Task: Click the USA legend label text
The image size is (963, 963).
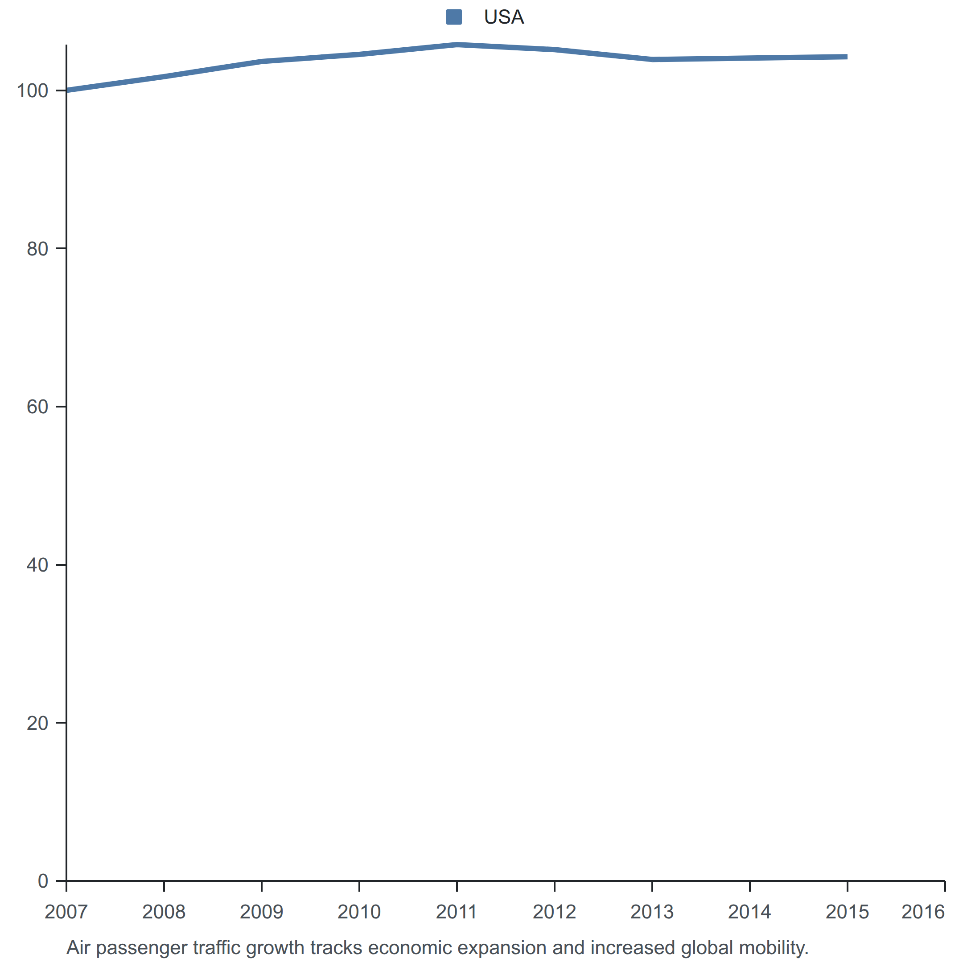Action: pos(503,17)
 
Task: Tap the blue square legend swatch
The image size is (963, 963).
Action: pos(453,17)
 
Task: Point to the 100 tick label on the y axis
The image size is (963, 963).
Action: pos(33,91)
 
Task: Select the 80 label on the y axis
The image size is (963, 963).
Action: pos(37,249)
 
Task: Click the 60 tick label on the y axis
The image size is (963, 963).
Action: pos(37,407)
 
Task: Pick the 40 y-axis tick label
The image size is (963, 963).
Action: pos(37,565)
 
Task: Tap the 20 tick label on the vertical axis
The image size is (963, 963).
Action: pos(37,723)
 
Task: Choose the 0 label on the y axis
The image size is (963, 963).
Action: pos(43,881)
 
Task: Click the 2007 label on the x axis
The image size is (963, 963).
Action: pos(66,912)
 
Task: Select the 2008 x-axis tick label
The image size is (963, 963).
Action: pos(164,912)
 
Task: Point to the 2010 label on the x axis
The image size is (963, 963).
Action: pos(359,912)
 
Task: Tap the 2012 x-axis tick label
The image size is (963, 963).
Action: pos(554,912)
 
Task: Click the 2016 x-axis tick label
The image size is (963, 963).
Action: pos(923,912)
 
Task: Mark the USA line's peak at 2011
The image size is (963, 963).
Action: pos(457,45)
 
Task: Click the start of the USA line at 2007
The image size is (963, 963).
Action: pos(67,90)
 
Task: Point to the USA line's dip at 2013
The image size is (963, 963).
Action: pos(652,59)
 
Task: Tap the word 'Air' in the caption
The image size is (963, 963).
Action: pos(79,947)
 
